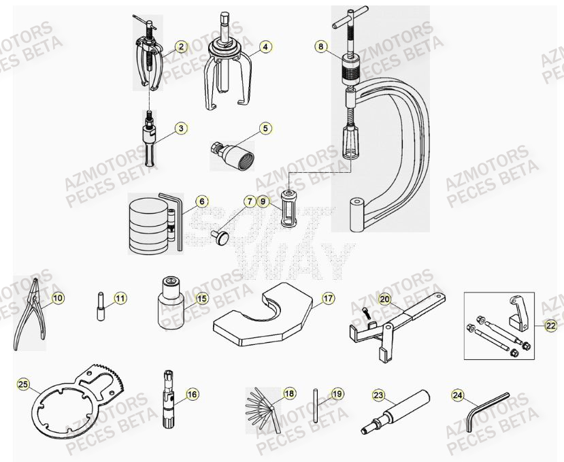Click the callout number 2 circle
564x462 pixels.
pyautogui.click(x=180, y=47)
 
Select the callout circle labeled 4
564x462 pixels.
pyautogui.click(x=266, y=47)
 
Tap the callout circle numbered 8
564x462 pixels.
pyautogui.click(x=320, y=47)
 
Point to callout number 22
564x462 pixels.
pyautogui.click(x=550, y=326)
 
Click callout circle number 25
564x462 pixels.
pyautogui.click(x=24, y=385)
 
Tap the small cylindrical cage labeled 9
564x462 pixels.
pyautogui.click(x=288, y=211)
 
